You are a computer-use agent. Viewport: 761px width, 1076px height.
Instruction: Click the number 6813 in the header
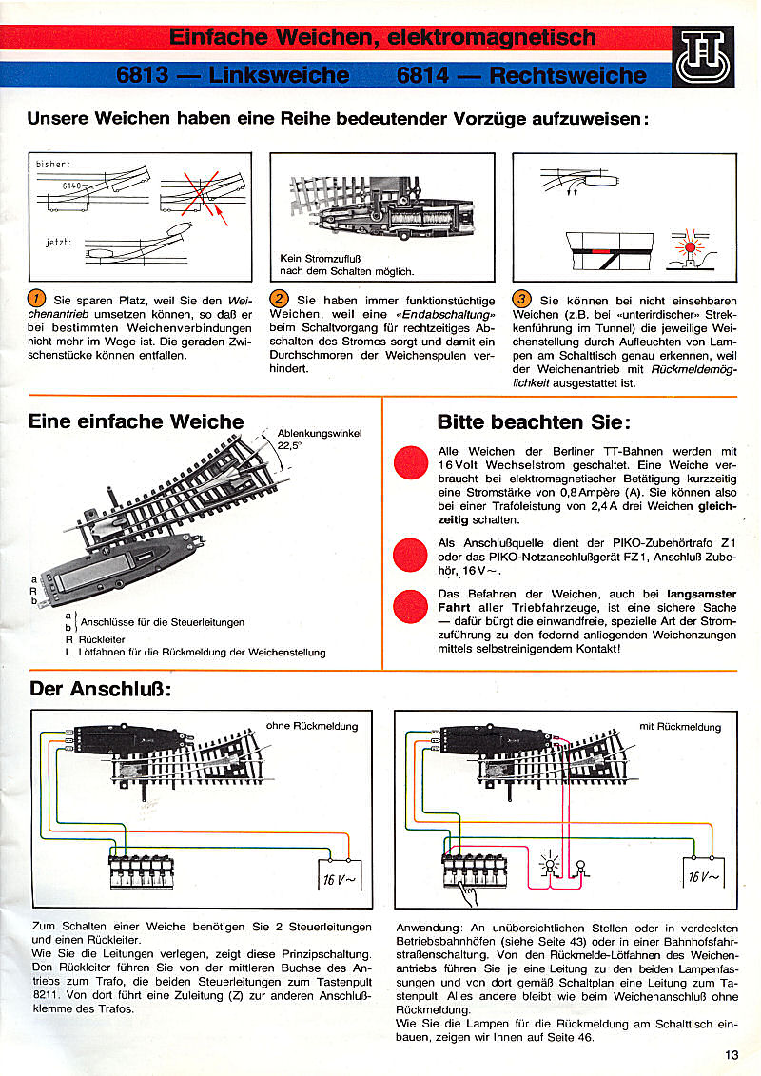[145, 75]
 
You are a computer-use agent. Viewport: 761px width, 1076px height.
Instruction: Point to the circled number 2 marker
[280, 298]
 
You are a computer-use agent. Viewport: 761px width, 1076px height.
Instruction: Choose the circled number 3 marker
[520, 298]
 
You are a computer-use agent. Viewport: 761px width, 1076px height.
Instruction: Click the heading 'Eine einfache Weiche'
[136, 421]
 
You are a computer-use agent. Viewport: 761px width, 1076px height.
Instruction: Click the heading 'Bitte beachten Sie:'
[534, 422]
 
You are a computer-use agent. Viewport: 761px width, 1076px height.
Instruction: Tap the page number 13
[731, 1053]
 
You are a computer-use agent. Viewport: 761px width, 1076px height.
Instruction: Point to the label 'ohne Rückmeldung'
[312, 726]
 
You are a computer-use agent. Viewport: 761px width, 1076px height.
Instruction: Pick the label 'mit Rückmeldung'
[680, 727]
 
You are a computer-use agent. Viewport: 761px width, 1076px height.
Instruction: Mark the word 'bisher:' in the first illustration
[53, 165]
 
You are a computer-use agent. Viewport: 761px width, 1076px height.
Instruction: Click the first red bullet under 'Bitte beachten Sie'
[410, 462]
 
